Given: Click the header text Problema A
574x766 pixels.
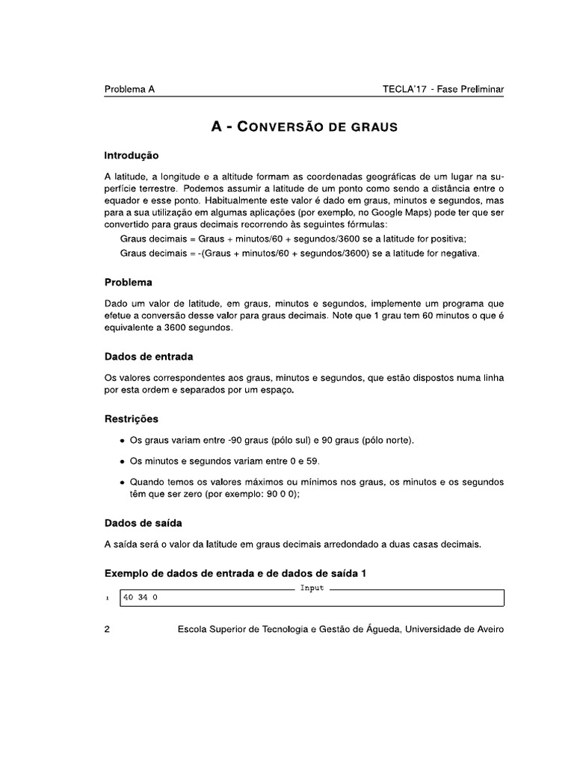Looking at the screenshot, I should coord(129,89).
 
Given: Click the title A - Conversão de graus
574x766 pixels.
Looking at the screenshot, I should coord(304,126).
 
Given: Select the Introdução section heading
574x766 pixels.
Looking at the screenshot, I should coord(132,156).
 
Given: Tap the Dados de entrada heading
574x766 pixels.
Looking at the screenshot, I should coord(149,356).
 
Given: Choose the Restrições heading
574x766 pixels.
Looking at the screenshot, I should coord(132,418).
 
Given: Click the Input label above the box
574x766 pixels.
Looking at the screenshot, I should coord(312,588).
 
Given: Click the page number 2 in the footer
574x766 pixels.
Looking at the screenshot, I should coord(108,630).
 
